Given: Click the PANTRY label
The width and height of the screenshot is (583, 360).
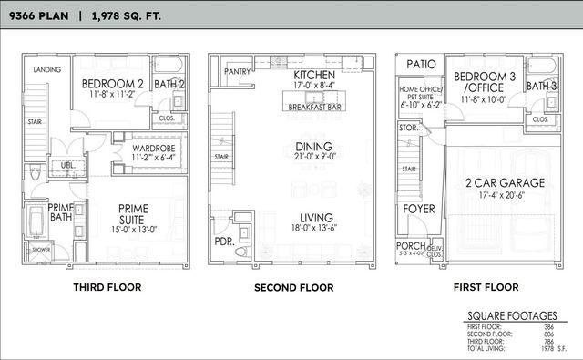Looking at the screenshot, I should click(237, 70).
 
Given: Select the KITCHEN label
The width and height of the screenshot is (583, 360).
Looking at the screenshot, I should click(313, 75).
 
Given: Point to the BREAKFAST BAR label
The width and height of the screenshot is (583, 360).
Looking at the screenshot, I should click(314, 107).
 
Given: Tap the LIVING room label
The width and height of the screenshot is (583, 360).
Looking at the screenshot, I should click(313, 217).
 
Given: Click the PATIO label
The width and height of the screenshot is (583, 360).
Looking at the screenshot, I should click(421, 65).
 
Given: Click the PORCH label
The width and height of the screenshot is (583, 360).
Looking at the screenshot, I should click(409, 245).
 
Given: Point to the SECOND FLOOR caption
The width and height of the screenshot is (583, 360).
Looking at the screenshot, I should click(293, 288).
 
